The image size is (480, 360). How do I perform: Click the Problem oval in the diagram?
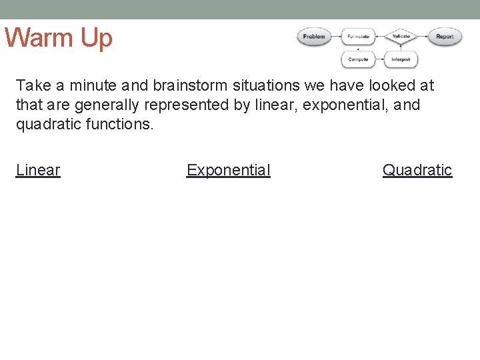(x=313, y=37)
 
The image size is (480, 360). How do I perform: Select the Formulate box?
(x=358, y=37)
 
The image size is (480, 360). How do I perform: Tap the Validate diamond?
(x=401, y=37)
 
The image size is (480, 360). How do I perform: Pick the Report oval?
(x=445, y=37)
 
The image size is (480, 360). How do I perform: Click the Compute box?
(x=358, y=59)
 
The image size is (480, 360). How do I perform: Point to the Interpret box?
(x=401, y=59)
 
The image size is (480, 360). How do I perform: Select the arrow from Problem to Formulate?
(x=335, y=37)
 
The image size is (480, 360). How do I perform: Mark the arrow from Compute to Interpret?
(x=379, y=59)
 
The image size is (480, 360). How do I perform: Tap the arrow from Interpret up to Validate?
(x=401, y=48)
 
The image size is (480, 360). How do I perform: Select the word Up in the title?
(x=97, y=38)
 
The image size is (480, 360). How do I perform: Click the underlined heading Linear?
(x=38, y=170)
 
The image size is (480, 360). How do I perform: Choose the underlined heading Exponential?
(x=229, y=170)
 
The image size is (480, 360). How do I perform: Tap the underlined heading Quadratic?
(x=417, y=170)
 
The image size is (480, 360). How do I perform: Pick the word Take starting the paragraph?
(x=30, y=85)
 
